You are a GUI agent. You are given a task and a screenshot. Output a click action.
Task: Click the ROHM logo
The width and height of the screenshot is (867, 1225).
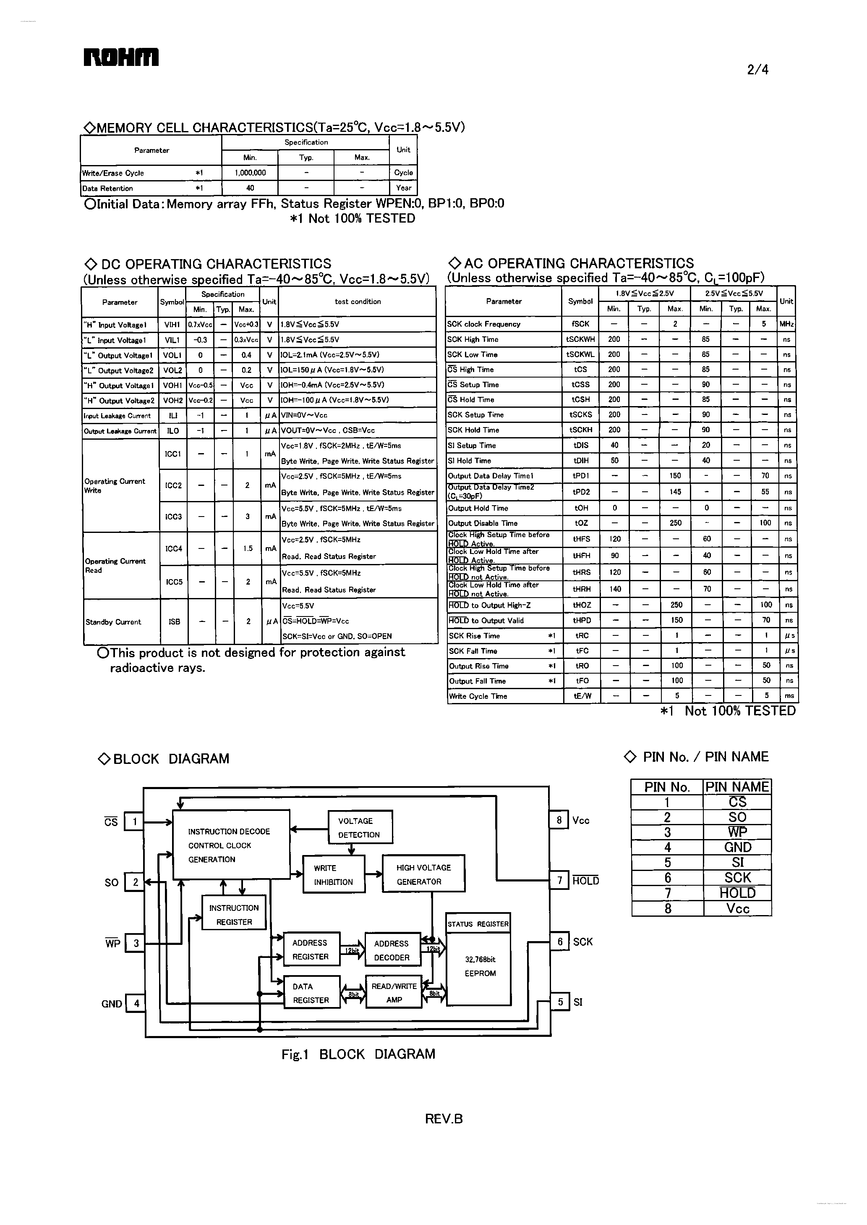point(121,57)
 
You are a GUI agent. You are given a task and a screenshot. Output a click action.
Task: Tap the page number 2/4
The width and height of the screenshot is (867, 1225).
point(757,69)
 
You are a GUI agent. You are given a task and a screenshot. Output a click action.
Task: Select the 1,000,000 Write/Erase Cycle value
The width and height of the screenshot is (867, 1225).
point(250,173)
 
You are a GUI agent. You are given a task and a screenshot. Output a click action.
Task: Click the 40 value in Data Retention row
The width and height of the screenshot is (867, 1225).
point(250,188)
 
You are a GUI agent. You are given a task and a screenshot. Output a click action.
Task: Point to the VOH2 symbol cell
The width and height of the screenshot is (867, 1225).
point(172,400)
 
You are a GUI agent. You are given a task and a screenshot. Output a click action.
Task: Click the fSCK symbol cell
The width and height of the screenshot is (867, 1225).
point(580,324)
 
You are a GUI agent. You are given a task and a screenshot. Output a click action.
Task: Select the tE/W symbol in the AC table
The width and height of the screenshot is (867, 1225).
point(581,695)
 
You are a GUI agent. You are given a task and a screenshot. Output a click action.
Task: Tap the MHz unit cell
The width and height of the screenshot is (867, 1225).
point(786,324)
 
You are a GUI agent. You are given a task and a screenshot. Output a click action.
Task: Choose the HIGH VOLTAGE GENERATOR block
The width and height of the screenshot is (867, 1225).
point(423,874)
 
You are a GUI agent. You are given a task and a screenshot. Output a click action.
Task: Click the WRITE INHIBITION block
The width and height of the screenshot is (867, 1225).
point(334,874)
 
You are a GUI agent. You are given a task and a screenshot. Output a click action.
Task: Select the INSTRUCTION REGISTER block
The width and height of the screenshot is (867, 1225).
point(234,915)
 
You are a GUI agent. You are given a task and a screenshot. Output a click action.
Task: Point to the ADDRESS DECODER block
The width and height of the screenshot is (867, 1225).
point(392,950)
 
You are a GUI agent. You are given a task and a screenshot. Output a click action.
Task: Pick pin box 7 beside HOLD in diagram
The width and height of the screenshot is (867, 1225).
point(559,880)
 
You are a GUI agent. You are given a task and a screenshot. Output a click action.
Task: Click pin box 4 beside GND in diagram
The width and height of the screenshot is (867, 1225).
point(136,1003)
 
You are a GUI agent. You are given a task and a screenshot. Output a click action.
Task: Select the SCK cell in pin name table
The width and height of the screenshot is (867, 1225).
point(737,878)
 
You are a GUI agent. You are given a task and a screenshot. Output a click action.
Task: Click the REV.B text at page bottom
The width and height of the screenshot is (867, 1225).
point(444,1119)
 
